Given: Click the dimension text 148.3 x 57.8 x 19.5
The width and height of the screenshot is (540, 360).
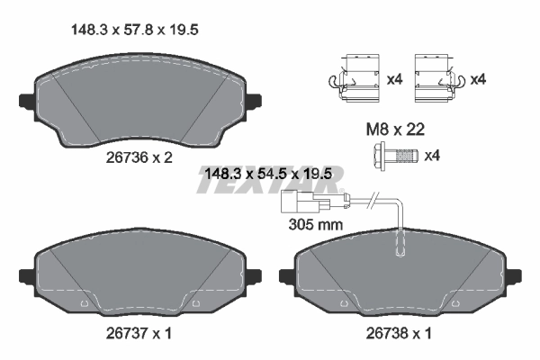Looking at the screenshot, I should pos(134,30).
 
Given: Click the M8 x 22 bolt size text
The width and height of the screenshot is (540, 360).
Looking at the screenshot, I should pos(395,130).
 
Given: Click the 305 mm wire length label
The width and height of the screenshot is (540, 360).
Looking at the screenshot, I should pos(315,224).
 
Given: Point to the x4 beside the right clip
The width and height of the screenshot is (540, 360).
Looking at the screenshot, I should pos(477,79).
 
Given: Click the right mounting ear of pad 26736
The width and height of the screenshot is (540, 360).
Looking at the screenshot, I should pos(255,100).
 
